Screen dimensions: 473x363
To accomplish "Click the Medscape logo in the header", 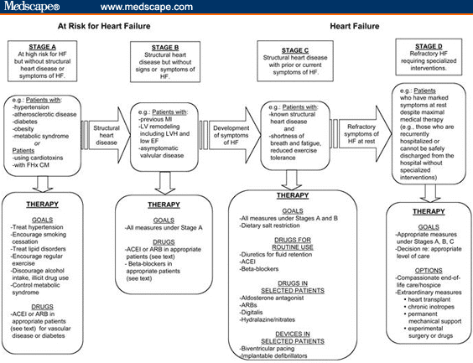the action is (32, 7).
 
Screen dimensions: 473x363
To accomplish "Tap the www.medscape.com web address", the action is (147, 7).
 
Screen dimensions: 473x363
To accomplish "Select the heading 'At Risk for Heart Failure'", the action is (104, 26).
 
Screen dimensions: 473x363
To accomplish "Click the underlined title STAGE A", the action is (42, 47).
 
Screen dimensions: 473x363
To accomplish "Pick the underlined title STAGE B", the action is (165, 48).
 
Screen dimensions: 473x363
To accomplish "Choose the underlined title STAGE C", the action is (295, 50).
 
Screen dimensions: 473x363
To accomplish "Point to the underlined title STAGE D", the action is (429, 46).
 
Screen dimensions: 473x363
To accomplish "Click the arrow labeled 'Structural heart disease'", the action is (106, 135).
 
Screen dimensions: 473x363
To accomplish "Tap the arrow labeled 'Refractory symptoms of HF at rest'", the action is (361, 134).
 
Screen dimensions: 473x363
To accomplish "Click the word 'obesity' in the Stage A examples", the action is (23, 129).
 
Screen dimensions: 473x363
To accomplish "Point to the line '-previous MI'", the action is (156, 119).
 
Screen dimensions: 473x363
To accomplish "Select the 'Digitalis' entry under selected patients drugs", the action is (252, 313).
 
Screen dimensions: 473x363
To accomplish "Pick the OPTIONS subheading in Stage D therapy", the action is (429, 271).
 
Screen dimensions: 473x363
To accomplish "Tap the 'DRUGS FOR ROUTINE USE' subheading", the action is (293, 244).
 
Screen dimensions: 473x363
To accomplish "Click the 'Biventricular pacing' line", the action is (267, 349).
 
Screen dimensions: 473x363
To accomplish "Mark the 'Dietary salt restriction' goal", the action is (270, 226).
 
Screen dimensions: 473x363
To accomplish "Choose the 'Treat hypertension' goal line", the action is (37, 227).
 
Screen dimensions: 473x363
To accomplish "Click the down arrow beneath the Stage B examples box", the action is (164, 183).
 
